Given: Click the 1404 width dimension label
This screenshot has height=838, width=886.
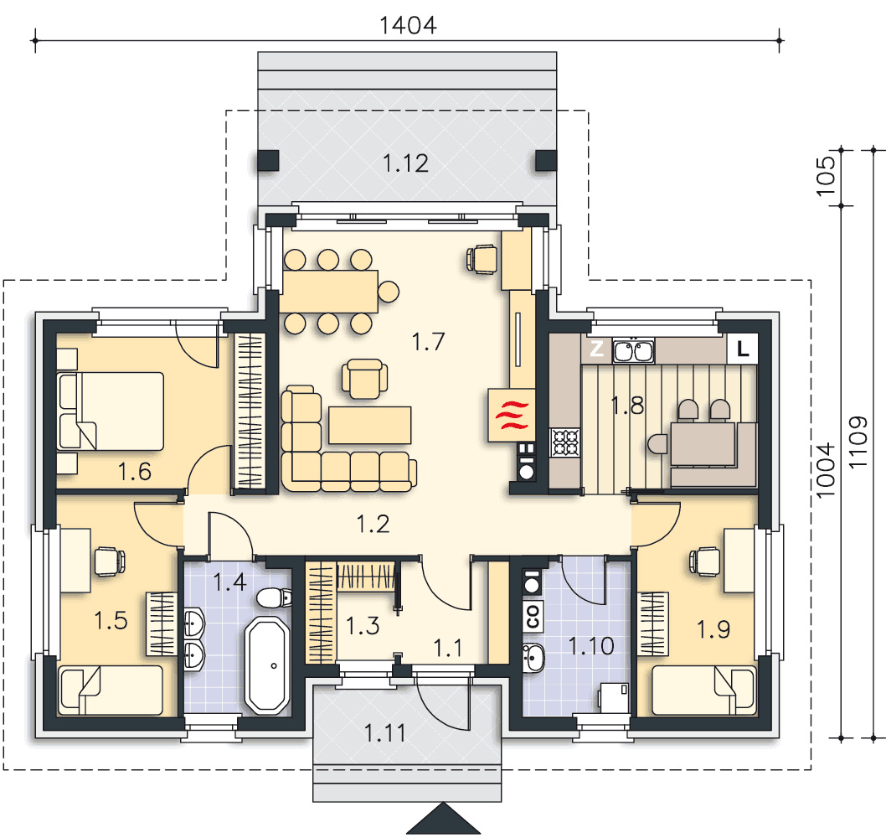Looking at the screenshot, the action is [407, 25].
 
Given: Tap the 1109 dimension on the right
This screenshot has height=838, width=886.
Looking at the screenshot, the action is [858, 442].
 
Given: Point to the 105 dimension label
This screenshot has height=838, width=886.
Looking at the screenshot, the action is [826, 176].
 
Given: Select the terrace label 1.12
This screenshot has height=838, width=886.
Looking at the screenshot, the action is [405, 163].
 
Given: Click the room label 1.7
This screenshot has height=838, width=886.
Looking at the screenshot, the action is [428, 342].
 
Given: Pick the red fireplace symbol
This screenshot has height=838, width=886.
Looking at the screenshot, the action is [512, 415].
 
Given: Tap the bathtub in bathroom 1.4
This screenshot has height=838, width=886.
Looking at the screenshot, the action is [268, 665].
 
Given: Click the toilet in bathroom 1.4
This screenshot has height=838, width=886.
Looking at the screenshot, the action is [274, 597].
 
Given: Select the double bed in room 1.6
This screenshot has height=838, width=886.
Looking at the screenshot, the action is [111, 411].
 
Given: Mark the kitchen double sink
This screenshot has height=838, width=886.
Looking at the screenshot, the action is [633, 350].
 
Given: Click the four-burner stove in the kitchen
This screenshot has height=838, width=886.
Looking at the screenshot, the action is [565, 442].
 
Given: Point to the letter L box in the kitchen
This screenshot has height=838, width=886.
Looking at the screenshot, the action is [743, 349].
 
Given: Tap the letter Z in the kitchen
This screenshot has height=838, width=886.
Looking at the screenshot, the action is [597, 349].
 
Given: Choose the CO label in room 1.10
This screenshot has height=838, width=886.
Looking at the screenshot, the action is [532, 615].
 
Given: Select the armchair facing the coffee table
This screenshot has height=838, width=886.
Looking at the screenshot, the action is [364, 379].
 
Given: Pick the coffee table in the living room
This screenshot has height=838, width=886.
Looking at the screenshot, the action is [370, 425].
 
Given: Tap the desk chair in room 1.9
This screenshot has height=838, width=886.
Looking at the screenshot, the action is [704, 561].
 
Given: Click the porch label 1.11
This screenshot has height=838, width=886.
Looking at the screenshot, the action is [385, 733].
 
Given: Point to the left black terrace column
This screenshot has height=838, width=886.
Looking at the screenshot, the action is [268, 161].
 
